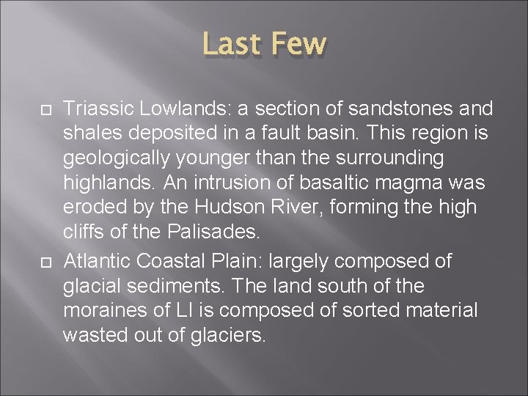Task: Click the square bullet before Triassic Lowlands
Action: coord(43,109)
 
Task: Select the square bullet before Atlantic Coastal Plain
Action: coord(43,260)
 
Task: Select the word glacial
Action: coord(89,286)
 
